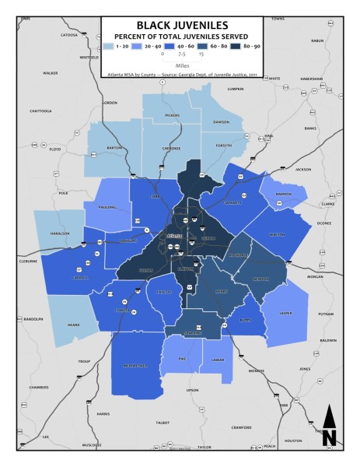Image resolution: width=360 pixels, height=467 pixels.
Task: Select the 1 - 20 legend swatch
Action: (x=108, y=47)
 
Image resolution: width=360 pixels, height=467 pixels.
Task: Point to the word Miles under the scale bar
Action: (x=181, y=65)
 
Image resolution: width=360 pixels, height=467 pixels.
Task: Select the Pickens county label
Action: (x=173, y=115)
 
